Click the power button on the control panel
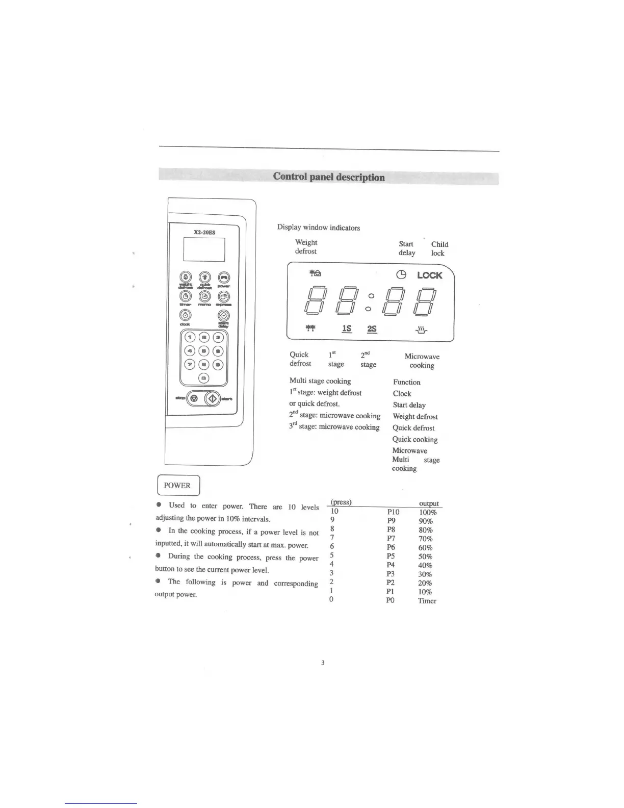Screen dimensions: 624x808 pos(224,277)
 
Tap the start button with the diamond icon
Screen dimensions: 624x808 pos(213,398)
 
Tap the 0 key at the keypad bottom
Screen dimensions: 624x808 pos(204,378)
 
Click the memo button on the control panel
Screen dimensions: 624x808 pos(204,296)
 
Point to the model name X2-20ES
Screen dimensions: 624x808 pos(204,232)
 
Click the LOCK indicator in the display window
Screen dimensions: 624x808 pos(429,275)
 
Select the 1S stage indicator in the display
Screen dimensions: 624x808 pos(347,329)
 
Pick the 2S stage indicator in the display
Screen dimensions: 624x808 pos(372,329)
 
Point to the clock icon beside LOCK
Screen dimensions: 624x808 pos(402,275)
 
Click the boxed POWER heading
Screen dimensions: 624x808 pos(177,485)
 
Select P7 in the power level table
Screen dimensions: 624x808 pos(391,538)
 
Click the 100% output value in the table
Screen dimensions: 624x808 pos(428,512)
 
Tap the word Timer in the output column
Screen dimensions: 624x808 pos(427,601)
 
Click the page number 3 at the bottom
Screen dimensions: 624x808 pos(323,663)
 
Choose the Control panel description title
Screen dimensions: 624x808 pos(329,177)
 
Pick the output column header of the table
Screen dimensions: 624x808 pos(428,503)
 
